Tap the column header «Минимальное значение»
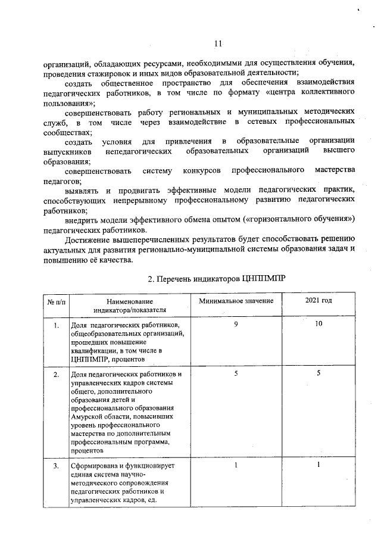[236, 301]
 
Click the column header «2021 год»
[318, 301]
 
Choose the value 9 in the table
[236, 325]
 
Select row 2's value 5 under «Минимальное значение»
[236, 373]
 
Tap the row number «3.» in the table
[57, 466]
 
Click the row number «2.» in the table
[57, 375]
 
